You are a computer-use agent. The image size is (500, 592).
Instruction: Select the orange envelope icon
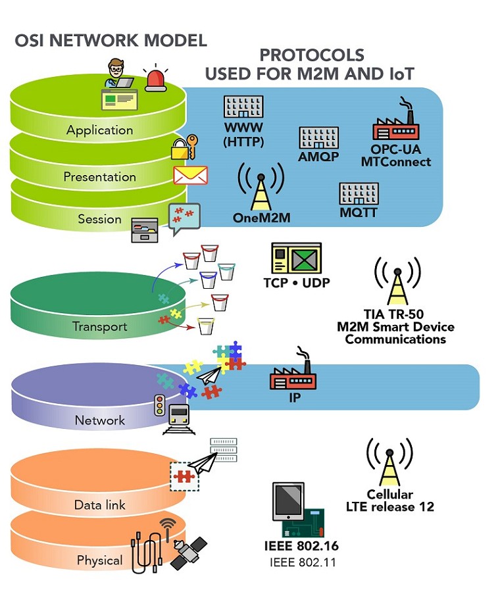(190, 175)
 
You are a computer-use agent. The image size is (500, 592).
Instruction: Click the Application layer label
(99, 130)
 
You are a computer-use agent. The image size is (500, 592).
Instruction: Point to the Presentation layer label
(99, 177)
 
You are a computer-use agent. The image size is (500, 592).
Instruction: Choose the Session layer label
(99, 219)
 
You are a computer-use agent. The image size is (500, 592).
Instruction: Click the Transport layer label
(99, 326)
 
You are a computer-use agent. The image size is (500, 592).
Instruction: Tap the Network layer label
(99, 420)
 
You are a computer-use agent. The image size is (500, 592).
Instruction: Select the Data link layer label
(99, 505)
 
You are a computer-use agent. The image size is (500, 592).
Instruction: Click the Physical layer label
(99, 560)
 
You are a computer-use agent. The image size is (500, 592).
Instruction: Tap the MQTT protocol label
(359, 213)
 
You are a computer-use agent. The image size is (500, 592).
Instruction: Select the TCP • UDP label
(297, 283)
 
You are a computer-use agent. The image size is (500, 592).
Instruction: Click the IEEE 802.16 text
(301, 546)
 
